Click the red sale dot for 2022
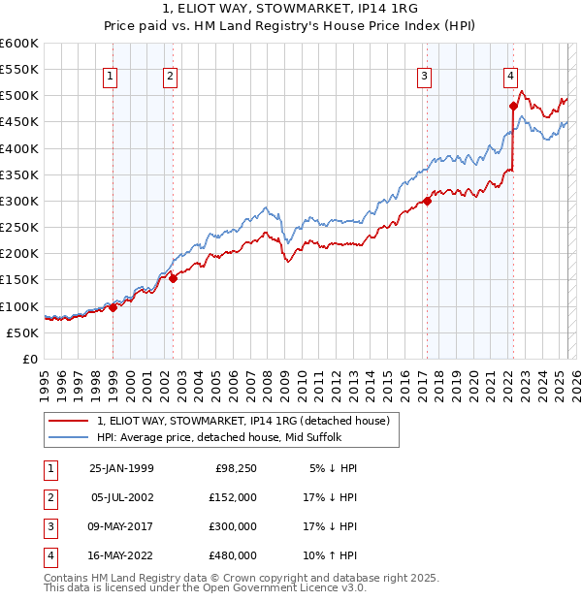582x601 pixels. (x=513, y=106)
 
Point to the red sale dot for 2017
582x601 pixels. (x=427, y=201)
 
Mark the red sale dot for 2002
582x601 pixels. (x=173, y=278)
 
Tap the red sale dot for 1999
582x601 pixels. (x=113, y=307)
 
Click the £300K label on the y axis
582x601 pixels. (x=19, y=201)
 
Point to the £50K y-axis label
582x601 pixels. (x=23, y=332)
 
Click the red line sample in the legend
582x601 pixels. (x=69, y=421)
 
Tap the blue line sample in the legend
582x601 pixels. (x=69, y=436)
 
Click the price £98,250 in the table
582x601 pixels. (x=235, y=468)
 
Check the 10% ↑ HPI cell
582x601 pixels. (x=330, y=555)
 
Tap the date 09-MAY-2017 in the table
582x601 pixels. (x=121, y=526)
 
